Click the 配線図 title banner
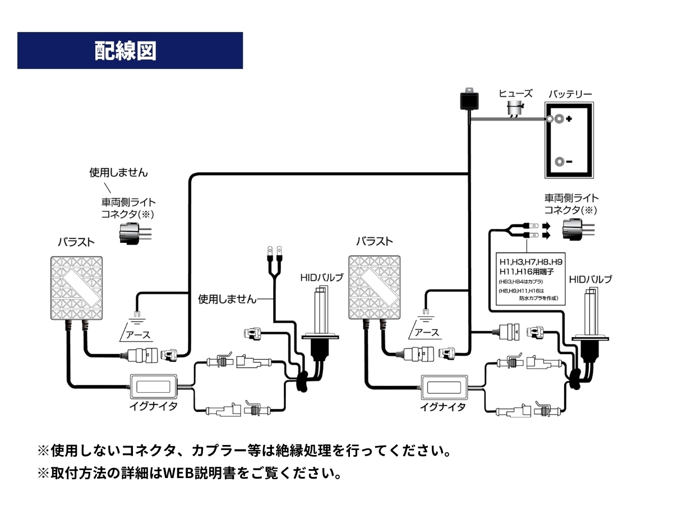130,50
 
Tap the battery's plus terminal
559,120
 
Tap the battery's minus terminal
559,162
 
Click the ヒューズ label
515,94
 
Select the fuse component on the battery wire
514,111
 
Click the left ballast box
77,287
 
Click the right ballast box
375,287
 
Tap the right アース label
426,332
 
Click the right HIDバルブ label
590,279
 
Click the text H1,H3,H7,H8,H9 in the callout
531,261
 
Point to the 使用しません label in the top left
118,172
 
